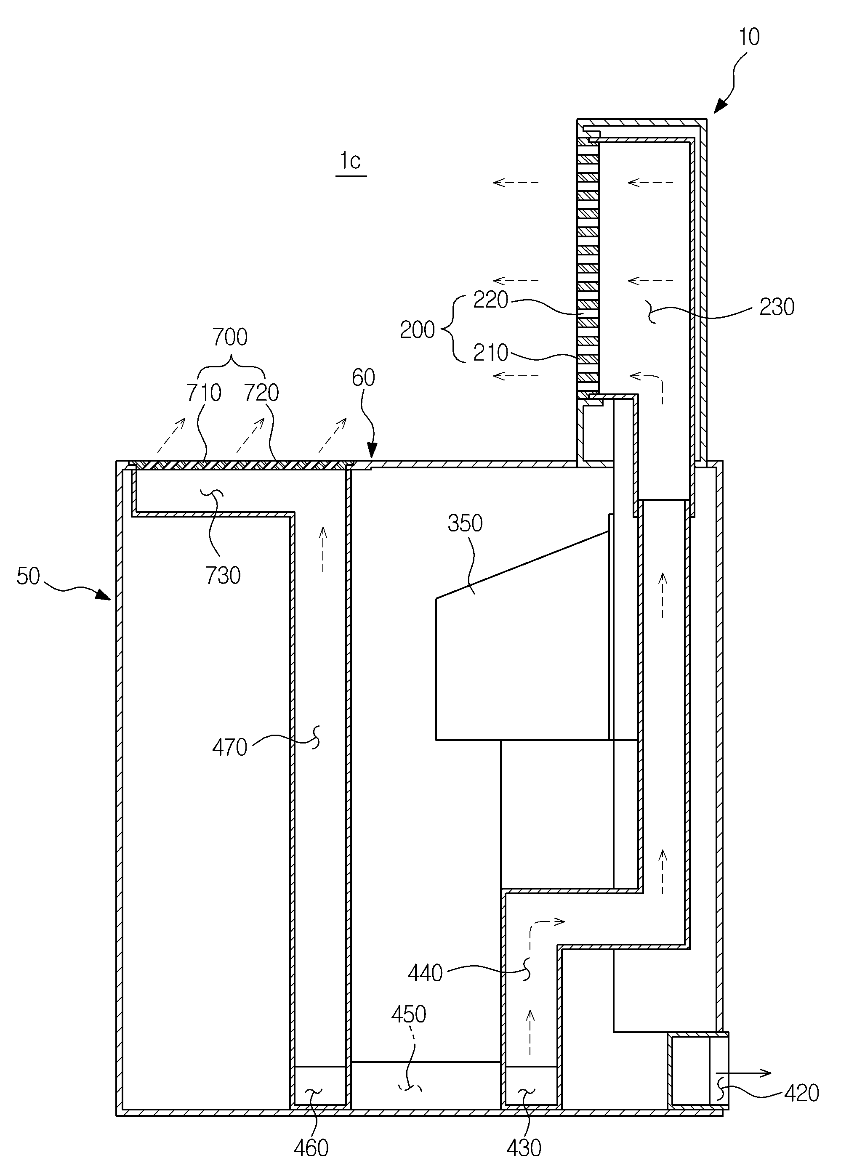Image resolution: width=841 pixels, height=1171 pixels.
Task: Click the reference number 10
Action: [x=750, y=37]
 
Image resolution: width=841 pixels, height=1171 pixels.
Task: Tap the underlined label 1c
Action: [x=351, y=162]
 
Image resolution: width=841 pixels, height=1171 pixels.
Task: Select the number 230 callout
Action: [x=777, y=307]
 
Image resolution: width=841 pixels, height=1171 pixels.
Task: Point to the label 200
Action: [x=418, y=329]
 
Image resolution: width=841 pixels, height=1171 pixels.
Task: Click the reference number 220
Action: [x=491, y=300]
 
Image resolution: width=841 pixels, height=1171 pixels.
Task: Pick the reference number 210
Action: [x=491, y=353]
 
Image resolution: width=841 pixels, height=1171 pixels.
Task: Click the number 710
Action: [x=204, y=393]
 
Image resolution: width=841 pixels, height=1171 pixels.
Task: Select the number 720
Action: [x=261, y=393]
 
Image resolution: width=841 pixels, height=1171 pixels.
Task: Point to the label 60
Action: [x=363, y=378]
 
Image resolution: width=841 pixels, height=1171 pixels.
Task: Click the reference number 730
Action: [x=223, y=576]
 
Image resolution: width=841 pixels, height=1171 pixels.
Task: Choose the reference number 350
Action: [x=465, y=523]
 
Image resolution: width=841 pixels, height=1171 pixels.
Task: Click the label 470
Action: [x=230, y=748]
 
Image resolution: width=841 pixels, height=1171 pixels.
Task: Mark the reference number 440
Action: [x=425, y=973]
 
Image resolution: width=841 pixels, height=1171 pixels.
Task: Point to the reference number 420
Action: [x=802, y=1093]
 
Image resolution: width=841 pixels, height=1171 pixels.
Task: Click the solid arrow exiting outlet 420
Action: [x=744, y=1073]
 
